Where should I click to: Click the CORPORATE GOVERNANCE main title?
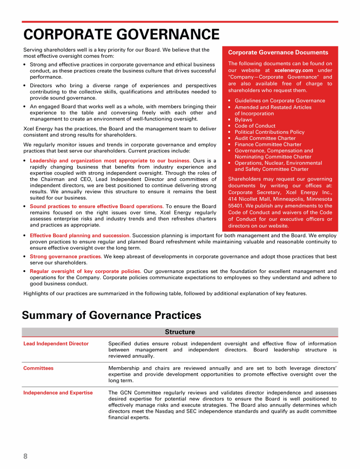pos(121,35)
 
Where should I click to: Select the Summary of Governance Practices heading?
pos(112,315)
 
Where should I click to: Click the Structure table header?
pos(180,332)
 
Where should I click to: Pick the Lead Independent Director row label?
pos(56,344)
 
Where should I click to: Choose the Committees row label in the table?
pos(38,368)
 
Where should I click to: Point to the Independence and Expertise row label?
pos(58,393)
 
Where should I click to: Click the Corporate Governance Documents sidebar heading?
pos(278,53)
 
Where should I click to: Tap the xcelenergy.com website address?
pos(293,70)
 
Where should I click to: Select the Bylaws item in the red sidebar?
pos(243,120)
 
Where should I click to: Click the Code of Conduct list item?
pos(255,126)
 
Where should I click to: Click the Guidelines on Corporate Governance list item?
pos(280,101)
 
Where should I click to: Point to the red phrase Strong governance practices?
pos(66,257)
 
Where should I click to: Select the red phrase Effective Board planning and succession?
pos(80,235)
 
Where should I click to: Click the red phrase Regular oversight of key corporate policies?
pos(85,271)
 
